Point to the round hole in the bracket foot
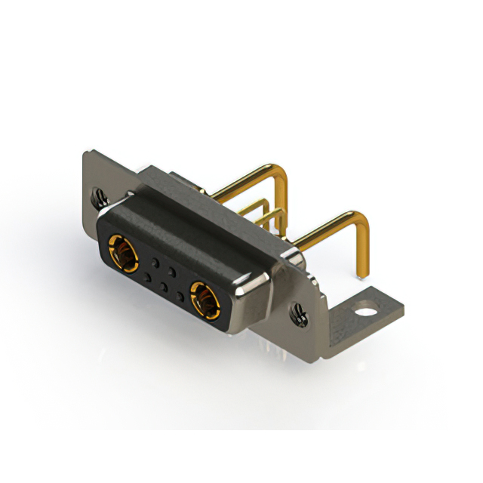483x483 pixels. [x=368, y=308]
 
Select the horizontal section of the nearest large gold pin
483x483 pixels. [x=325, y=230]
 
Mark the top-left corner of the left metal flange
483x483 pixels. [x=85, y=155]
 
